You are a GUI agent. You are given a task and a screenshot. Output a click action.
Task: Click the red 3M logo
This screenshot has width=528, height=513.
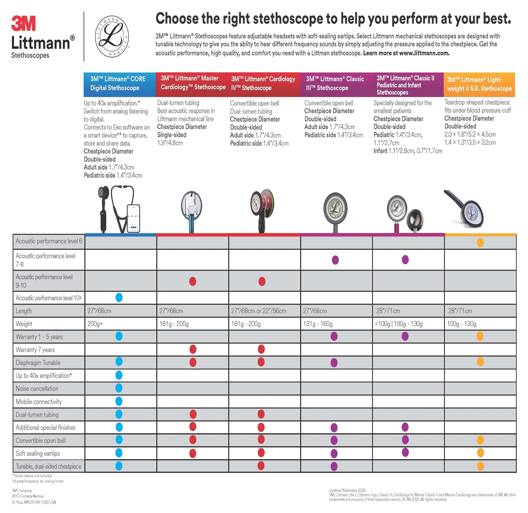[23, 24]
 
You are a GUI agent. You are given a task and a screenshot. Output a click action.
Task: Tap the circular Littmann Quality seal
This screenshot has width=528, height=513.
[112, 37]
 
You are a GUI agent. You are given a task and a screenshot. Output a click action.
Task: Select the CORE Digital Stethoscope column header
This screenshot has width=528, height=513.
[118, 84]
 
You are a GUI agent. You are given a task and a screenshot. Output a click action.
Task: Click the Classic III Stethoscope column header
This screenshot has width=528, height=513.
[335, 84]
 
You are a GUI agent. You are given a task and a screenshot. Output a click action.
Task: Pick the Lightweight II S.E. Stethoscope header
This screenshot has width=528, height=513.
[479, 84]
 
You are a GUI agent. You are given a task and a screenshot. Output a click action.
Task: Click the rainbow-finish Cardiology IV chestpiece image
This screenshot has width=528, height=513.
[262, 203]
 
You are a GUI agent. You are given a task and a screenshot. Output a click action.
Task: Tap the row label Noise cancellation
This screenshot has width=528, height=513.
[37, 388]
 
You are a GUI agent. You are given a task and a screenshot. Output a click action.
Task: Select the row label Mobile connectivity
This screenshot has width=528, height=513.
[39, 402]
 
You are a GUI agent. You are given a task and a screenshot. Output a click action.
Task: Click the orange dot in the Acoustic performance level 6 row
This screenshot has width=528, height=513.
[480, 242]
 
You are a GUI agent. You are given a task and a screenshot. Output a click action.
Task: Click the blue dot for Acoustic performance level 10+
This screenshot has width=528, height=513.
[119, 298]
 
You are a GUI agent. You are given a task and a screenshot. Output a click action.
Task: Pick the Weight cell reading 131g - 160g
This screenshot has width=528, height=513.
[318, 324]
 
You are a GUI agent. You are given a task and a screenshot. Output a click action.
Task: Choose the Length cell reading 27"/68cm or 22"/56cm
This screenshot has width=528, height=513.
[259, 311]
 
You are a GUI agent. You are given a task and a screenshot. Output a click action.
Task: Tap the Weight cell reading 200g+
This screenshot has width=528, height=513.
[95, 324]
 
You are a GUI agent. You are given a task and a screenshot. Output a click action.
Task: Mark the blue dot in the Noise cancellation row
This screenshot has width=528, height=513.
[119, 388]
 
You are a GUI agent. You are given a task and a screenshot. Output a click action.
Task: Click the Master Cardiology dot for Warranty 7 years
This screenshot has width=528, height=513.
[193, 349]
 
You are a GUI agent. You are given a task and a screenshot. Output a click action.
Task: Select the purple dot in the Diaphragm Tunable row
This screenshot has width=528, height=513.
[334, 363]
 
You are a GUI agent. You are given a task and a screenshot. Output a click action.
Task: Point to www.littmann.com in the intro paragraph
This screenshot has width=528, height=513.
[424, 53]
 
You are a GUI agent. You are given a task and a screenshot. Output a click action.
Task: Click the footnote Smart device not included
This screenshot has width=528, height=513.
[33, 476]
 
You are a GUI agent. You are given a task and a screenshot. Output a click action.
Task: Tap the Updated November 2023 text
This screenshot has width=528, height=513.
[347, 490]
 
